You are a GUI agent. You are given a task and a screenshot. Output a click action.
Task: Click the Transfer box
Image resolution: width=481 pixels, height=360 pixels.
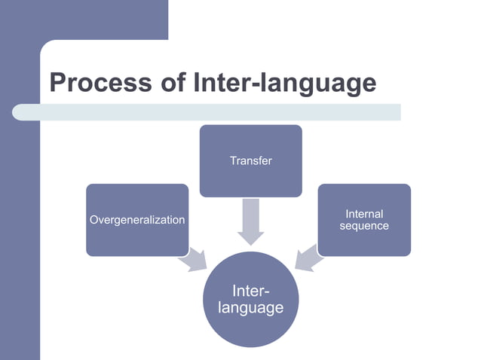pos(250,160)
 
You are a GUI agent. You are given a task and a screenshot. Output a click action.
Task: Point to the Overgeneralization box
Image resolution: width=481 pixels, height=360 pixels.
pos(137,220)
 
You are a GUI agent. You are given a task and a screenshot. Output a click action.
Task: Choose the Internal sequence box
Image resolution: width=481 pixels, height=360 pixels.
pos(364,220)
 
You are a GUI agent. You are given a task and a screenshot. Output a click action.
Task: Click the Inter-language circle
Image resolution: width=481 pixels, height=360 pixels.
pos(250,300)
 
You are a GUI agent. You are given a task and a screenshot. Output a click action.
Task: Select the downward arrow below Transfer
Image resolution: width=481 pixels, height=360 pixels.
pos(250,221)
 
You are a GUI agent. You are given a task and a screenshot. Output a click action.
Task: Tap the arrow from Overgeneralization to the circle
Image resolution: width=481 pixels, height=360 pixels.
pos(193,258)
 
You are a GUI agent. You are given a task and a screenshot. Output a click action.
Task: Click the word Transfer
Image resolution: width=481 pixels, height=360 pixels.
pos(250,160)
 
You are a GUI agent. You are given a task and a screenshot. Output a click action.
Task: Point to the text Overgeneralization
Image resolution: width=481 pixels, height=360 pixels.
pos(137,220)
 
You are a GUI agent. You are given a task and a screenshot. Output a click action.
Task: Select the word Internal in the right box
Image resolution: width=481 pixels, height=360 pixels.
pos(364,215)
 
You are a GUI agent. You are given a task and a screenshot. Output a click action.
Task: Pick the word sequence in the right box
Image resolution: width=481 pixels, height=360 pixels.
pos(364,226)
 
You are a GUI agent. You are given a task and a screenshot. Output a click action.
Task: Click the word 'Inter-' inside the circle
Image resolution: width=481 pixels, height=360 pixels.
pos(250,291)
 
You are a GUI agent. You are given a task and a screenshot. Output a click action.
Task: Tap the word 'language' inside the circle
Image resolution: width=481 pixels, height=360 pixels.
pos(250,308)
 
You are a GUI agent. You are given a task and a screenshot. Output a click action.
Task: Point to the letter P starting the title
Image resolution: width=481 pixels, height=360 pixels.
pos(58,83)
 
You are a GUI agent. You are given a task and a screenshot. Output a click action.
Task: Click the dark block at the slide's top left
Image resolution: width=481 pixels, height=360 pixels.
pos(83,19)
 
